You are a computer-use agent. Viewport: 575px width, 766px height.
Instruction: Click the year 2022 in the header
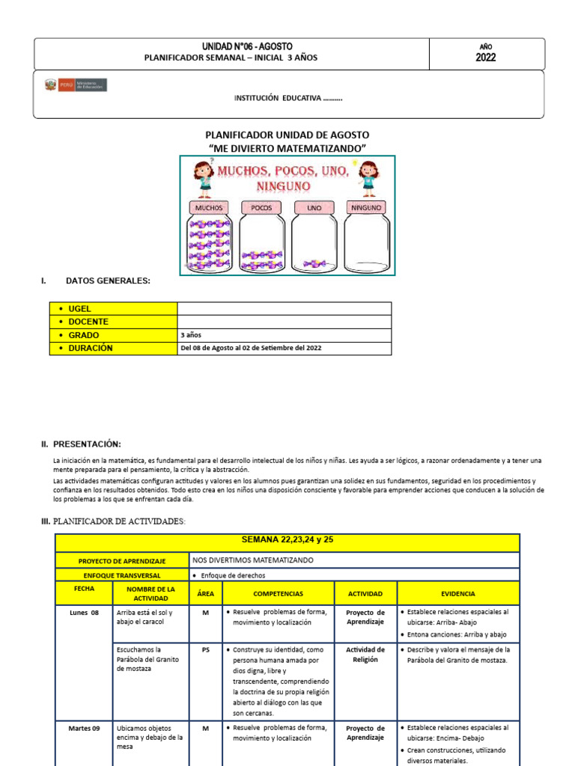[485, 58]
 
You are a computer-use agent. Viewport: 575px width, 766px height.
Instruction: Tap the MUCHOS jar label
[209, 207]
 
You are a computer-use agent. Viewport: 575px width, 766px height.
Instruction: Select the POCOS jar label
[261, 207]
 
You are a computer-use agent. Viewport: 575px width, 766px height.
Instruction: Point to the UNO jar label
[314, 207]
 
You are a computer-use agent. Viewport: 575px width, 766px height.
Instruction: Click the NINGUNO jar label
[366, 207]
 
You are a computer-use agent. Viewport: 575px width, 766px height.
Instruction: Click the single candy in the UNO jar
[314, 263]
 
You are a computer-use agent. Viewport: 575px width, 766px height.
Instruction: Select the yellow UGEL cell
[113, 308]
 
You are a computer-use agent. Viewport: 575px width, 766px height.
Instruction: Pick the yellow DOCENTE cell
[113, 322]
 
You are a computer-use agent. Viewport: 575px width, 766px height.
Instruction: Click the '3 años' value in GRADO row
[191, 335]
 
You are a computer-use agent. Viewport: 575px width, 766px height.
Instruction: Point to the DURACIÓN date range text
[251, 349]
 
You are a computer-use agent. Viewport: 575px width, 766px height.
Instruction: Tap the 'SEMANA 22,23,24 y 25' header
[287, 540]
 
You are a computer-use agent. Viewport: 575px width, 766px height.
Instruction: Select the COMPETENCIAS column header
[278, 593]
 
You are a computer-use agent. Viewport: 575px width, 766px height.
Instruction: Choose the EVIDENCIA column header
[457, 593]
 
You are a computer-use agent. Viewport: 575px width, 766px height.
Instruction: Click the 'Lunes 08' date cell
[85, 613]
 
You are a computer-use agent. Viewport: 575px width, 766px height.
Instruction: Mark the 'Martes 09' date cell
[85, 728]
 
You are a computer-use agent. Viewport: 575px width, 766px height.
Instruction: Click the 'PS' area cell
[206, 650]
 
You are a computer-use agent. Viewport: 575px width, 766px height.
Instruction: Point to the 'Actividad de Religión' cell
[365, 655]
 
